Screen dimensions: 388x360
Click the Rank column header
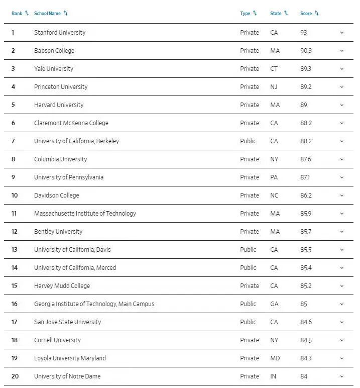(17, 14)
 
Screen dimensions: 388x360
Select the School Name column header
(47, 14)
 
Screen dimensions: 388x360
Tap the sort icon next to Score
(317, 13)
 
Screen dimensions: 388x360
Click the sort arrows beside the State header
(286, 13)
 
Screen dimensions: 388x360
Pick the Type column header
(245, 14)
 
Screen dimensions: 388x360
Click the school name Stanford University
(60, 33)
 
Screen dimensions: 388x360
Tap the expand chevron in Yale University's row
(342, 69)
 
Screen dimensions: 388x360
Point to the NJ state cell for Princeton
(274, 87)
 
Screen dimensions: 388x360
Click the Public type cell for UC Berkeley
(248, 141)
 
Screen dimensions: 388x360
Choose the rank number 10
(15, 196)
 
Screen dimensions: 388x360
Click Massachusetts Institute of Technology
(85, 214)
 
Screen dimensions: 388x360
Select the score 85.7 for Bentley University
(306, 232)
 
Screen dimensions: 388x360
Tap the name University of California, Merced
(75, 268)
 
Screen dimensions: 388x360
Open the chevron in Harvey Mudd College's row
(342, 286)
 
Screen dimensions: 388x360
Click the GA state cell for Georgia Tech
(274, 304)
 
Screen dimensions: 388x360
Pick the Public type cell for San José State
(248, 322)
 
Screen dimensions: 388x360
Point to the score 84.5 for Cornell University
(306, 340)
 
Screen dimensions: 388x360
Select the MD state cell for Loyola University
(275, 358)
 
